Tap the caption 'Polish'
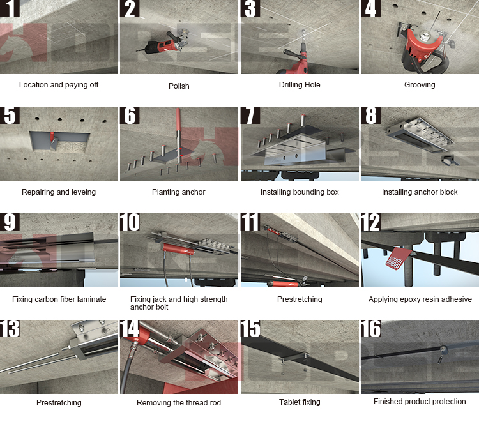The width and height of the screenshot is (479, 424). coord(179,86)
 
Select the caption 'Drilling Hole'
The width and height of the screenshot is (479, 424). coord(300,85)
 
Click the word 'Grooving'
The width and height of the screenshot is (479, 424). coord(420,85)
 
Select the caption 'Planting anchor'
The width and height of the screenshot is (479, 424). coord(179,192)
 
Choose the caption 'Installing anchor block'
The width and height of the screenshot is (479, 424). coord(420,192)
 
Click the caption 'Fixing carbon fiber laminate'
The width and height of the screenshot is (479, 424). coord(59,299)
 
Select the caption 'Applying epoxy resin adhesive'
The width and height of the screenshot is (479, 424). coord(420,299)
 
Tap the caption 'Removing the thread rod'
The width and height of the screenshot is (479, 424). coord(179,403)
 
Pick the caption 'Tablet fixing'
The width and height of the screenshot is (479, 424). coord(300,402)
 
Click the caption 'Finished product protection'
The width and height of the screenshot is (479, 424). coord(420,402)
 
